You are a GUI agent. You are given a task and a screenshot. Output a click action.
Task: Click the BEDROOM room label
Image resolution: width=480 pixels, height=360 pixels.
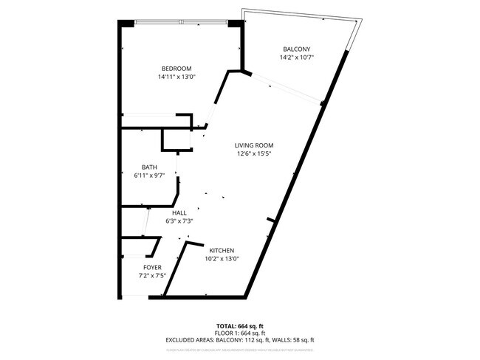[176, 69]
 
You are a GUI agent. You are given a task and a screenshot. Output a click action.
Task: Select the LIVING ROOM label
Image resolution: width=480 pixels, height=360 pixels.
[255, 145]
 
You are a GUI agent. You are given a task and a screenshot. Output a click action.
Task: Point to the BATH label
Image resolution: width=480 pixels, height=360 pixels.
[149, 167]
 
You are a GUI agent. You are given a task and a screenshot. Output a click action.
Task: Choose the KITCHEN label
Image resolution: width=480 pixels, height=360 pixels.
[222, 250]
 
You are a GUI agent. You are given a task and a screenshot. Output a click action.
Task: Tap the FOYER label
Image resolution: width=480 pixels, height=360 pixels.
[152, 267]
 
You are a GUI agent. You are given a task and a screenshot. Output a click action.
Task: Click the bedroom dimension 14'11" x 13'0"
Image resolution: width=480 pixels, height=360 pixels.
[176, 77]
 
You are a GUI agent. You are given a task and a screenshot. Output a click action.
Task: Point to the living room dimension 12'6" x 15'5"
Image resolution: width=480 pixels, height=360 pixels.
[255, 154]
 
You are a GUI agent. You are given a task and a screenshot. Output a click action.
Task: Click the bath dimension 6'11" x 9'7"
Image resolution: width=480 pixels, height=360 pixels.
[149, 176]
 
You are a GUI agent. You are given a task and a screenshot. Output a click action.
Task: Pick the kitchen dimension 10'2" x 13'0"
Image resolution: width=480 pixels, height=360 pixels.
[222, 259]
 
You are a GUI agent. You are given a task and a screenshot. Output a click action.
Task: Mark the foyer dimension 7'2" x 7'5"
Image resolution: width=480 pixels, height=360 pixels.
[152, 276]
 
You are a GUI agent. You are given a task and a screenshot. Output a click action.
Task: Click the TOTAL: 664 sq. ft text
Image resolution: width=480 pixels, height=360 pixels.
[240, 326]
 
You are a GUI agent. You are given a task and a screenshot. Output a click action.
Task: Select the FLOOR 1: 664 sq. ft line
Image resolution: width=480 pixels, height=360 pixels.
[240, 333]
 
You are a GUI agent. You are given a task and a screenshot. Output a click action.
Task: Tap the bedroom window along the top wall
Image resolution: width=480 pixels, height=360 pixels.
[182, 23]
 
